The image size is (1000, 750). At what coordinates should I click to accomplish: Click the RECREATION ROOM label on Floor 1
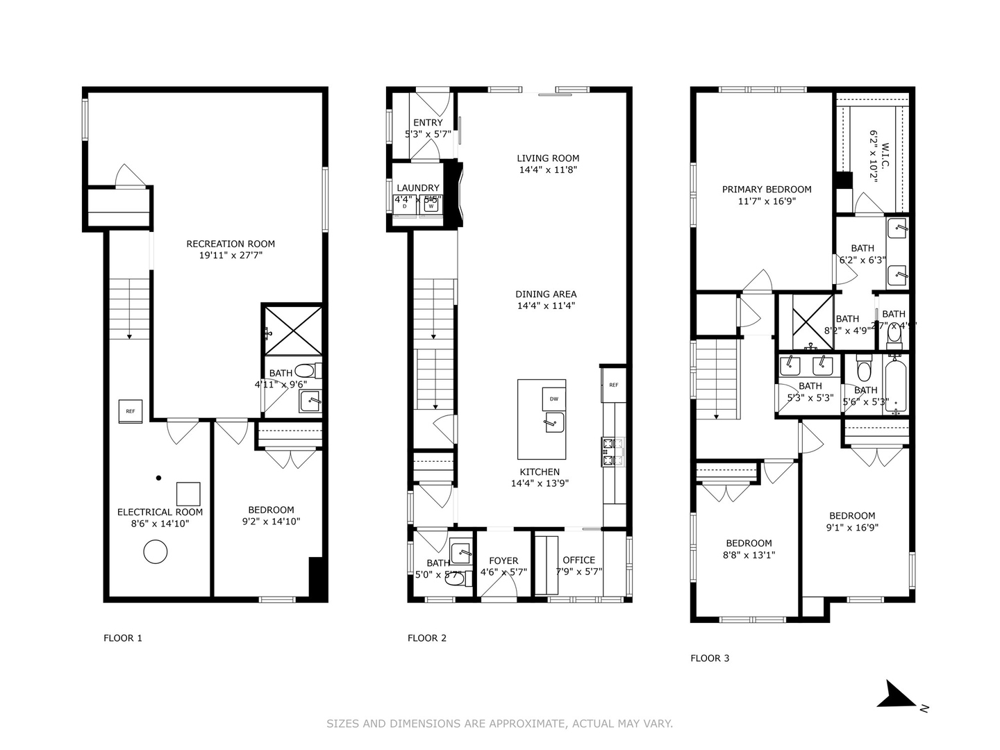231,244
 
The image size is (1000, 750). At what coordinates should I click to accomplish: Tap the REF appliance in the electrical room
131,411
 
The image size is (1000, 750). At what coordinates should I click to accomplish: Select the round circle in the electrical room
155,553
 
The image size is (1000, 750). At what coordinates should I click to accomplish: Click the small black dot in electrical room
158,478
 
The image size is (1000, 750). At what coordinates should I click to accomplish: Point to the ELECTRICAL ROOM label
160,512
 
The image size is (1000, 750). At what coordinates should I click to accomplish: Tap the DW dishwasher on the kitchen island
553,399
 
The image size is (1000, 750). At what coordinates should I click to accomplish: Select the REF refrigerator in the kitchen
613,385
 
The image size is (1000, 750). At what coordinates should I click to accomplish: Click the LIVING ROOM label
548,158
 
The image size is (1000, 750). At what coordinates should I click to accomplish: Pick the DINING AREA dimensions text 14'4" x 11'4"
546,306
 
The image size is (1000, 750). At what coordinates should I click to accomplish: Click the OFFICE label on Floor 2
578,560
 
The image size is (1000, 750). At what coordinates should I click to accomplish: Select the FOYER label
503,561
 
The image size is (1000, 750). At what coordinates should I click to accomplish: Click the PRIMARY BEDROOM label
767,190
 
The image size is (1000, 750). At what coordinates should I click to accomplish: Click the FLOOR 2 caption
427,638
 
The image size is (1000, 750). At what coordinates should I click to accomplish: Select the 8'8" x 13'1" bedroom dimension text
749,555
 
